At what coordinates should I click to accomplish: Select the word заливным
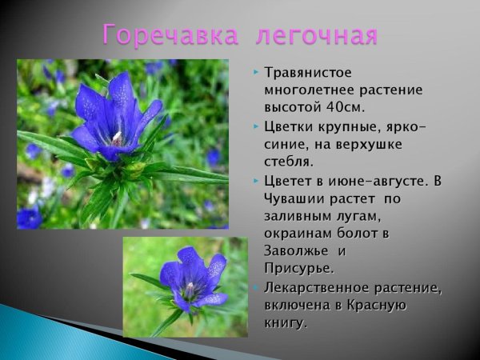[x=298, y=216]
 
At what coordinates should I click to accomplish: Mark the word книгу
[x=284, y=322]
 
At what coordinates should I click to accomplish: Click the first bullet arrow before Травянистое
[x=255, y=73]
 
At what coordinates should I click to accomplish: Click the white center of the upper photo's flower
[x=118, y=137]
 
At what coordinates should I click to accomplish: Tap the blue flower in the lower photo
[x=190, y=278]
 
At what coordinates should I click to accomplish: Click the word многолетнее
[x=309, y=90]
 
